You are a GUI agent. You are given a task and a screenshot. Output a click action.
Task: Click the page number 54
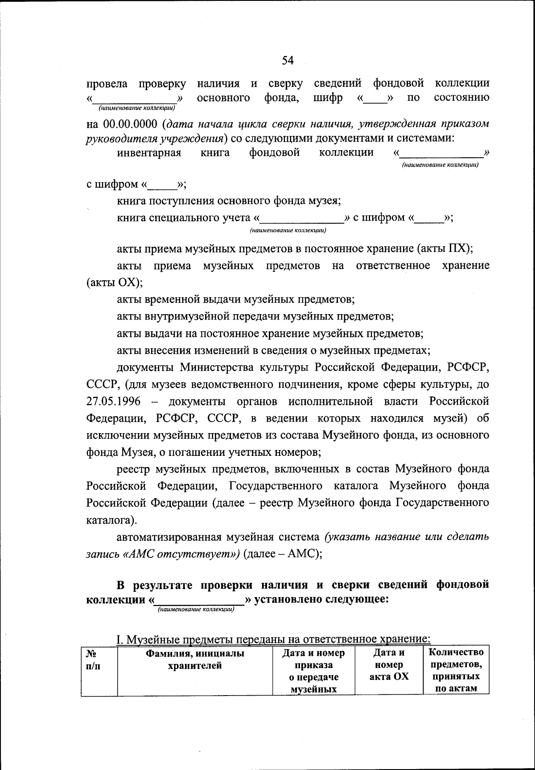(x=288, y=61)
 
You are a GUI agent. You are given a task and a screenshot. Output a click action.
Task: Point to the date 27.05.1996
(x=113, y=401)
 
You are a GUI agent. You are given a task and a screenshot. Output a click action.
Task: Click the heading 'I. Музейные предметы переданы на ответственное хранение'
(x=273, y=639)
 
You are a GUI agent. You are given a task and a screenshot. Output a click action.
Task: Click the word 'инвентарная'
(x=149, y=153)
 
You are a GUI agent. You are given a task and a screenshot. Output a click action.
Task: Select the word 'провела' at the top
(x=107, y=83)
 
